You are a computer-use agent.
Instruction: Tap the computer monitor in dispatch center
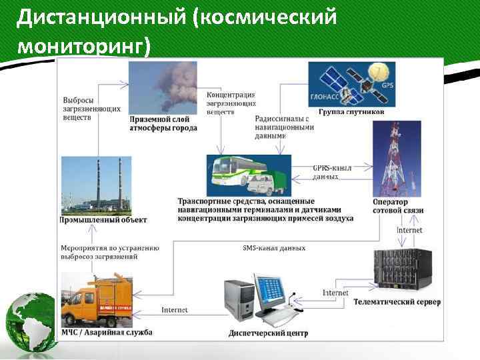(x=274, y=291)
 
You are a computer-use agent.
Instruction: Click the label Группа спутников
(x=351, y=112)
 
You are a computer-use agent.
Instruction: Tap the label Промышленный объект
(x=103, y=219)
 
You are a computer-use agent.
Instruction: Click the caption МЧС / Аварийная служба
(x=107, y=332)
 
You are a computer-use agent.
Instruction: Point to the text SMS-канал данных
(x=274, y=248)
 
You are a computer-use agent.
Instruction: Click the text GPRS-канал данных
(x=331, y=172)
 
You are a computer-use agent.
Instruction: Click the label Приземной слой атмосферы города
(x=163, y=123)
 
